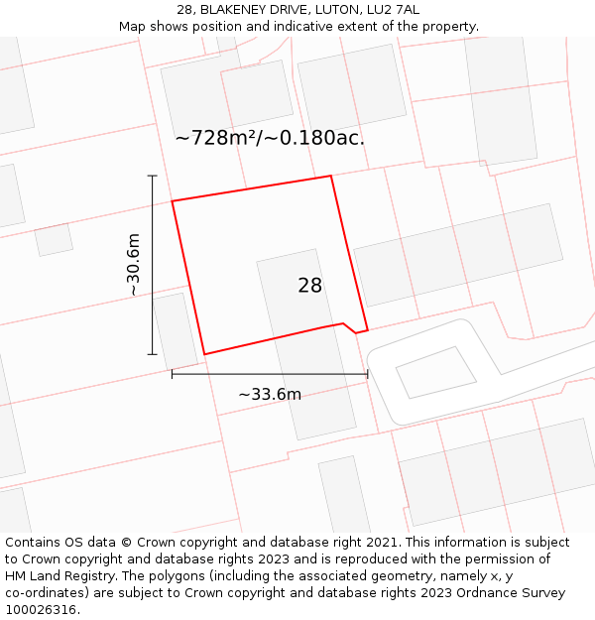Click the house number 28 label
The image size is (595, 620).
point(309,286)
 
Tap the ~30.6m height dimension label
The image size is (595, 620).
point(133,265)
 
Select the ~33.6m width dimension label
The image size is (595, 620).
point(270,394)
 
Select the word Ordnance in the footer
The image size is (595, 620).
point(464,593)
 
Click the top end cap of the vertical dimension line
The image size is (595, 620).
point(153,176)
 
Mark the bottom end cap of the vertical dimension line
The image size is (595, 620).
point(153,354)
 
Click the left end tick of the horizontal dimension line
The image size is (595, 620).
point(173,374)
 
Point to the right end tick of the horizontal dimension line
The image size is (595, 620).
point(368,374)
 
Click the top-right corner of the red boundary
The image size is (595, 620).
point(330,177)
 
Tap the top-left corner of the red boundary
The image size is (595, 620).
point(173,201)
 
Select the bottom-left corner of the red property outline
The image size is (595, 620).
point(204,354)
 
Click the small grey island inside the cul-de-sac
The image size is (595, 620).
point(435,372)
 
